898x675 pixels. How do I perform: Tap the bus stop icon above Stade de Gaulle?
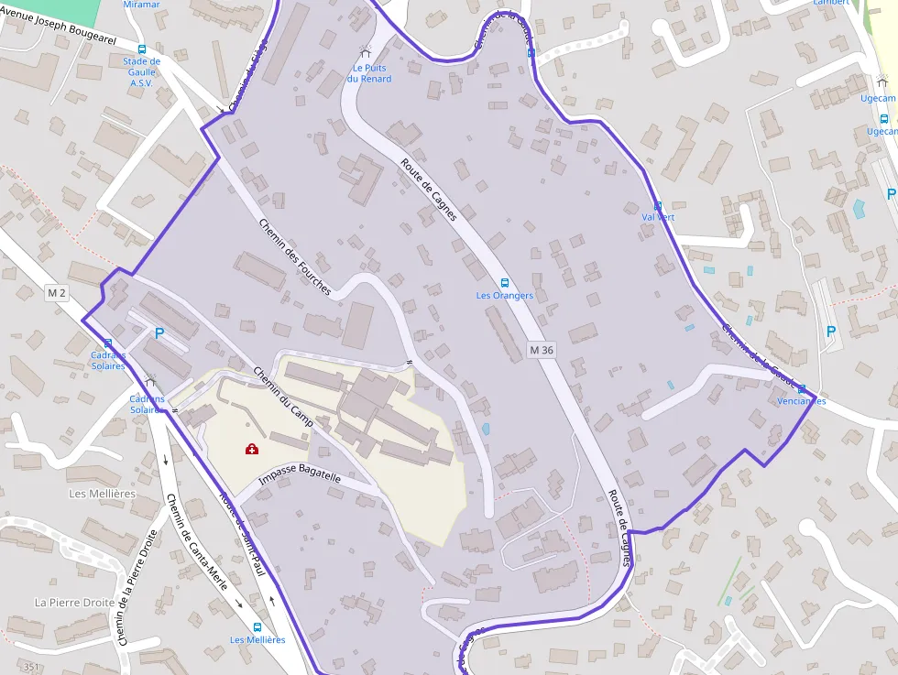point(141,49)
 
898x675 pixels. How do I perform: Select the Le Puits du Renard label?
point(369,73)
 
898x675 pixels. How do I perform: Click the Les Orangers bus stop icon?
point(504,283)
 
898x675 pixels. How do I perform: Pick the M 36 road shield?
point(542,350)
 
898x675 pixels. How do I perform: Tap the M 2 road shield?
point(57,293)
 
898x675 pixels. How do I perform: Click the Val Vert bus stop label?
point(658,217)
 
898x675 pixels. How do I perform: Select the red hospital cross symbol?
point(251,448)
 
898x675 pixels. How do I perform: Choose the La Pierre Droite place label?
point(75,603)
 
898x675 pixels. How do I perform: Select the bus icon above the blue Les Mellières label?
point(257,627)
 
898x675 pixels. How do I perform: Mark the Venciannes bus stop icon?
point(801,389)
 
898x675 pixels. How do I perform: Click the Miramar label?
point(141,5)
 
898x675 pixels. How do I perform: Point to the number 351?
point(33,667)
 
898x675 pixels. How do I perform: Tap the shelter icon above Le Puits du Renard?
point(367,53)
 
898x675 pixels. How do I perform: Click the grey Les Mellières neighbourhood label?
point(103,494)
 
